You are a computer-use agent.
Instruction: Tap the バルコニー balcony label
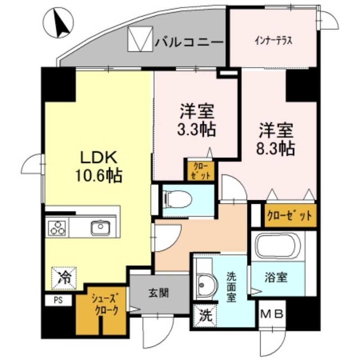pos(189,43)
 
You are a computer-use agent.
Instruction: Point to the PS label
pos(58,300)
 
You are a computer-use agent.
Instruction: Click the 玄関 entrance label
pos(158,293)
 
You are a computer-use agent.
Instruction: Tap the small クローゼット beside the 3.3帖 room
pos(198,170)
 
